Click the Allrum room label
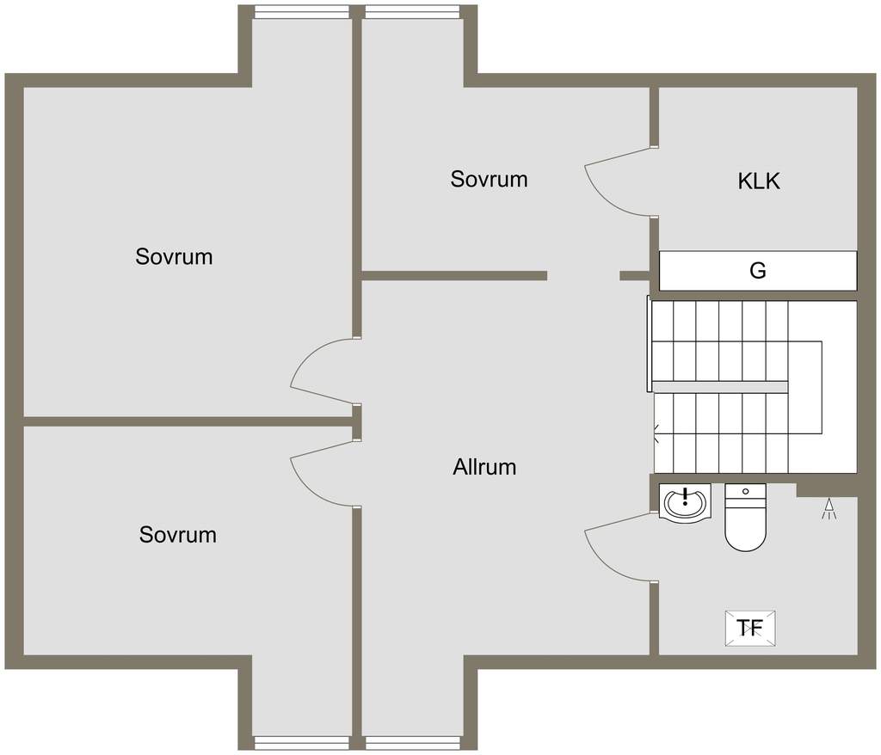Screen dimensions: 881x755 484,468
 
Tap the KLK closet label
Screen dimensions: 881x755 759,181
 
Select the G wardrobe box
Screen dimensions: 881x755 758,271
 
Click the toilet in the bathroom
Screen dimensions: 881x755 745,518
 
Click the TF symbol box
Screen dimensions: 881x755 750,628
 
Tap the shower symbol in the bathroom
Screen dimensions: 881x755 829,509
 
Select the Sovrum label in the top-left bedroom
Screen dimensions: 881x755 174,256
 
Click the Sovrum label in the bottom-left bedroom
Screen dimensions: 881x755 178,535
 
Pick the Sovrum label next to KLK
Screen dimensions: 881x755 489,180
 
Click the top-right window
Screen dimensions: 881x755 411,12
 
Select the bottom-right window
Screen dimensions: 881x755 411,742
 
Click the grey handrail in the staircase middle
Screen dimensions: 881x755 719,386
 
